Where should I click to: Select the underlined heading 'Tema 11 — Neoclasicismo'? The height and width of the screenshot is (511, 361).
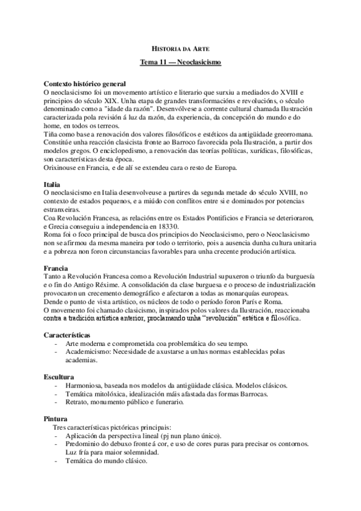coord(180,62)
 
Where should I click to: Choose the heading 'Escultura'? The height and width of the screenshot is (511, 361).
coord(60,376)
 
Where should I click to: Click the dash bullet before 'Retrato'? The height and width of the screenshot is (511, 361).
coord(57,401)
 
